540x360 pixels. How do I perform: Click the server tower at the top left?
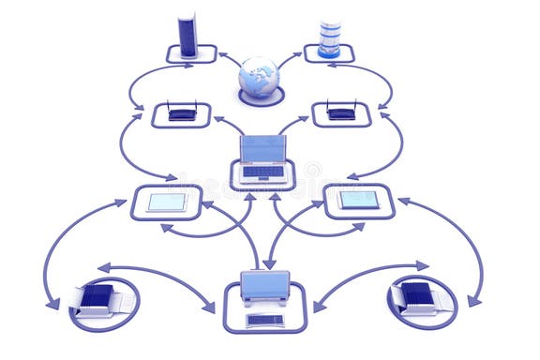[187, 36]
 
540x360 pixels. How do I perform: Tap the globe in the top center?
[259, 77]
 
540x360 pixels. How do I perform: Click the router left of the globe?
[182, 112]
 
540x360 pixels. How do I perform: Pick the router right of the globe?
[341, 112]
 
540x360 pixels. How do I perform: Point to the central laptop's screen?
[262, 149]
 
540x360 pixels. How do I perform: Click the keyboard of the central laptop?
[262, 172]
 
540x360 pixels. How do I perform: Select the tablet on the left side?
[166, 202]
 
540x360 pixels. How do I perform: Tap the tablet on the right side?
[359, 200]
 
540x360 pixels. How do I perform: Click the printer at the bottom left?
[101, 299]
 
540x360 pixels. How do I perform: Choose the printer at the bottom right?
[419, 298]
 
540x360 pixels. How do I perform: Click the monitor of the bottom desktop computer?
[264, 285]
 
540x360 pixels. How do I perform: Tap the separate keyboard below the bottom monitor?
[264, 321]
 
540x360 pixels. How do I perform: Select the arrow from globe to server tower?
[228, 59]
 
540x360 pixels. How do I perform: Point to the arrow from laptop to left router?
[228, 124]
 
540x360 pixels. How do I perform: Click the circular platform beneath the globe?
[261, 97]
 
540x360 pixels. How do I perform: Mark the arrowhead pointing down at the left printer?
[52, 303]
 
